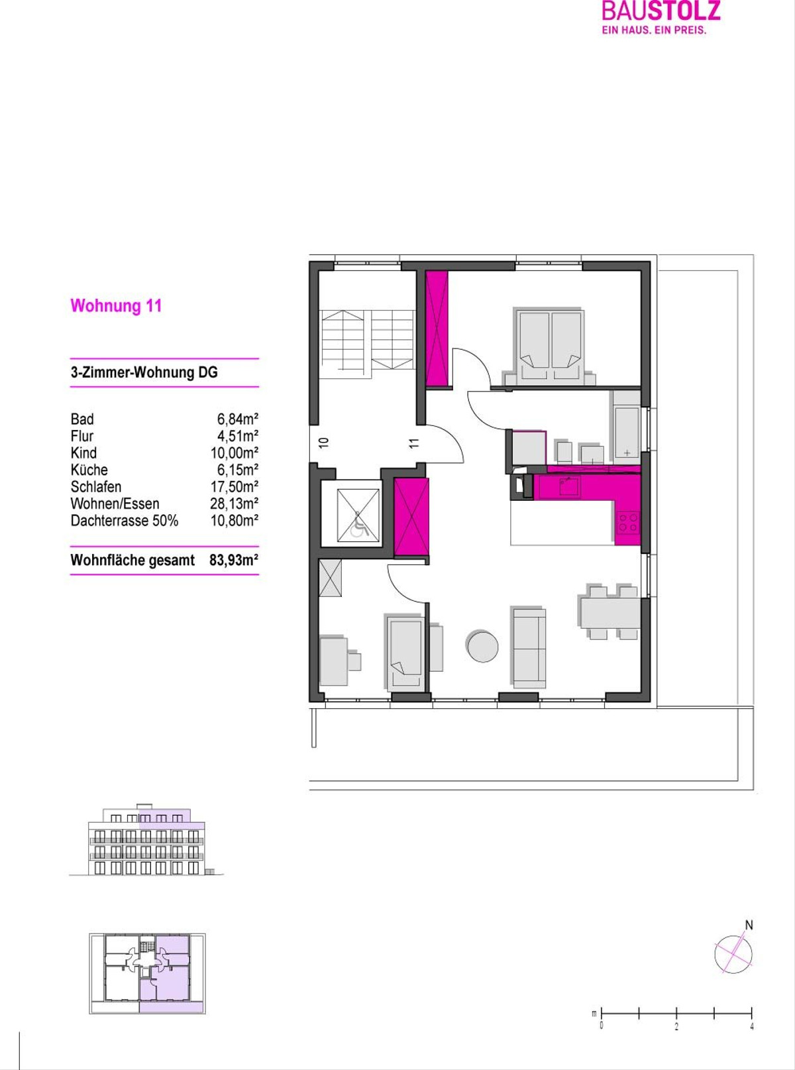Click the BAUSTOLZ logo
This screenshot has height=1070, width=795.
pyautogui.click(x=661, y=17)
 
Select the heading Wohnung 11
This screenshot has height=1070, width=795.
pyautogui.click(x=116, y=306)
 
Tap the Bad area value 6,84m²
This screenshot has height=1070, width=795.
pyautogui.click(x=238, y=418)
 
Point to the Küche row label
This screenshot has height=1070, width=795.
pyautogui.click(x=89, y=469)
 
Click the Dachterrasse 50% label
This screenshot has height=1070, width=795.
pyautogui.click(x=125, y=521)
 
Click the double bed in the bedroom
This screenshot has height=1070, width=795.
pyautogui.click(x=549, y=346)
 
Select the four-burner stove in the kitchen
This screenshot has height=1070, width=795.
pyautogui.click(x=629, y=522)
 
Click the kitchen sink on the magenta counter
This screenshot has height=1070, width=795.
pyautogui.click(x=570, y=487)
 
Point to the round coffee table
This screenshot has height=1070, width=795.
pyautogui.click(x=482, y=645)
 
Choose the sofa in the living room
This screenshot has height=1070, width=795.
pyautogui.click(x=529, y=647)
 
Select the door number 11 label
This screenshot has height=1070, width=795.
pyautogui.click(x=415, y=442)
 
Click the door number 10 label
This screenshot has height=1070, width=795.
pyautogui.click(x=324, y=442)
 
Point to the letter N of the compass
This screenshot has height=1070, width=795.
pyautogui.click(x=749, y=926)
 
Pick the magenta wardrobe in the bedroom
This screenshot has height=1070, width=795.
pyautogui.click(x=437, y=329)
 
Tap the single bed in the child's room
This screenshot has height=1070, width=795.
pyautogui.click(x=405, y=653)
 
